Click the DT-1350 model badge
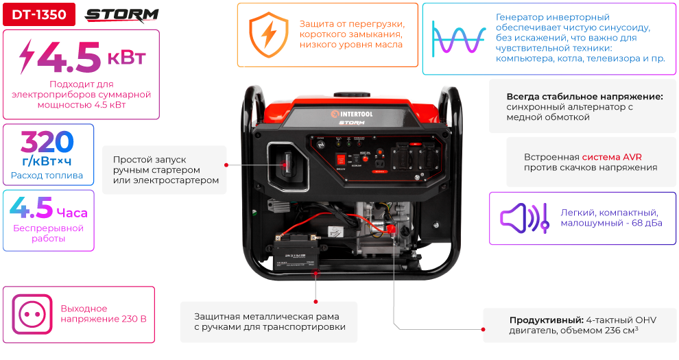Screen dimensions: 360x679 38,14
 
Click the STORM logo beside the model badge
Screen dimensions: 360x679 121,14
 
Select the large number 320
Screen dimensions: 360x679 47,142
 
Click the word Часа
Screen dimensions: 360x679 71,213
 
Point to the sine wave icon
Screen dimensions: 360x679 459,38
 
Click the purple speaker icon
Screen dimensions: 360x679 523,218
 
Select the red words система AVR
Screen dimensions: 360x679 612,156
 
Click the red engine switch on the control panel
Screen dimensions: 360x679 365,158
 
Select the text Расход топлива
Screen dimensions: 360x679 47,176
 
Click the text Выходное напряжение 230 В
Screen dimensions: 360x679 103,313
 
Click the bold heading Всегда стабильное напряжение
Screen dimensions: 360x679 584,96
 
